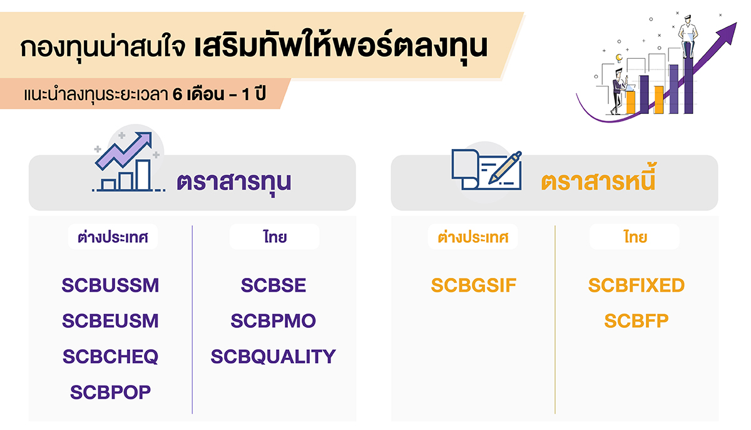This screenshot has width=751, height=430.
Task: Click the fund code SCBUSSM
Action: tap(110, 285)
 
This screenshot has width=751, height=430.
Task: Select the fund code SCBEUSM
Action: tap(110, 321)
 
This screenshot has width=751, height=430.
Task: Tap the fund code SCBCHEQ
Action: tap(110, 357)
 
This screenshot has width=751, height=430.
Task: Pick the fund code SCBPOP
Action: tap(110, 392)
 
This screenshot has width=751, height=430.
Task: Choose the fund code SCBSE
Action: tap(273, 285)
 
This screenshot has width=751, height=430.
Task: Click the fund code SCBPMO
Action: tap(273, 321)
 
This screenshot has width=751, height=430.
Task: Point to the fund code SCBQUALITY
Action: tap(273, 357)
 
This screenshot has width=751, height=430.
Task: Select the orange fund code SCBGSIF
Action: tap(473, 285)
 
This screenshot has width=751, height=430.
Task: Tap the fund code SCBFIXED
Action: tap(636, 285)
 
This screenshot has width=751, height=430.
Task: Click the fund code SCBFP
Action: tap(636, 321)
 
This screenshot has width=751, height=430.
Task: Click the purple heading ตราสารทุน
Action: tap(234, 182)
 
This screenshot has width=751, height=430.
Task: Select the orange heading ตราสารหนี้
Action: tap(598, 182)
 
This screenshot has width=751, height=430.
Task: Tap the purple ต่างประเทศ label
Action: tap(113, 237)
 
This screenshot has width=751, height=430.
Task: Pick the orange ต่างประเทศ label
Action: tap(473, 237)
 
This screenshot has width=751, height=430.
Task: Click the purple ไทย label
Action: tap(274, 237)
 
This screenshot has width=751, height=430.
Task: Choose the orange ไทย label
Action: tap(635, 237)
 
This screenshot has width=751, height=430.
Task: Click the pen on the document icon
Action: tap(506, 167)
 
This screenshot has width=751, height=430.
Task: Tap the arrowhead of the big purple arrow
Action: tap(730, 30)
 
